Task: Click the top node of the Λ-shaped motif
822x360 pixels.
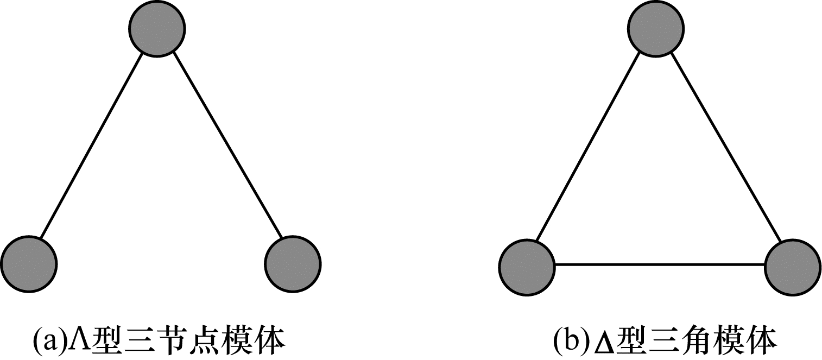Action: (x=157, y=29)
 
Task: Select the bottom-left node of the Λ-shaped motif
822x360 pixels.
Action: (x=29, y=264)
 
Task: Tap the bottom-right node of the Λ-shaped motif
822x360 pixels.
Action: (x=293, y=264)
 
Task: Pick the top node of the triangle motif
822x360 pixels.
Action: (x=656, y=29)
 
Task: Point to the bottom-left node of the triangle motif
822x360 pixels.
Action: (x=527, y=268)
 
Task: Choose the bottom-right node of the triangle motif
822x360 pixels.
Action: (x=793, y=268)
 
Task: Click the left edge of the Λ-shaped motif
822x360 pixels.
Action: (x=91, y=146)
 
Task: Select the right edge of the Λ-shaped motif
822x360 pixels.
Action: (x=227, y=146)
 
